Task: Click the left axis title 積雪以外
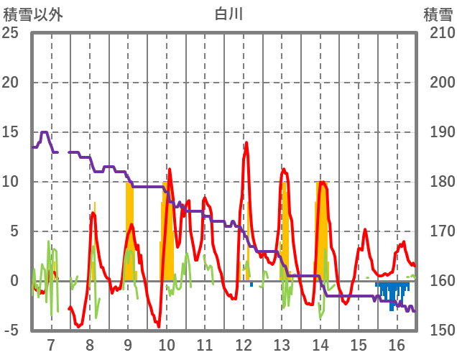pyautogui.click(x=33, y=14)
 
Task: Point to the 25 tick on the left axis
pyautogui.click(x=12, y=33)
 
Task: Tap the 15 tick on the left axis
pyautogui.click(x=12, y=132)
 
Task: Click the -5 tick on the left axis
pyautogui.click(x=12, y=330)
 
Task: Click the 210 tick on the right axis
pyautogui.click(x=438, y=33)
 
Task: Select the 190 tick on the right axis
pyautogui.click(x=438, y=132)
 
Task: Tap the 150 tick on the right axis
pyautogui.click(x=438, y=330)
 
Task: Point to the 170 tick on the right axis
pyautogui.click(x=438, y=231)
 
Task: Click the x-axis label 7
pyautogui.click(x=51, y=345)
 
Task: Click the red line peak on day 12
pyautogui.click(x=246, y=142)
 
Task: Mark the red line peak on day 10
pyautogui.click(x=170, y=169)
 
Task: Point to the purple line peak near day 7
pyautogui.click(x=45, y=132)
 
